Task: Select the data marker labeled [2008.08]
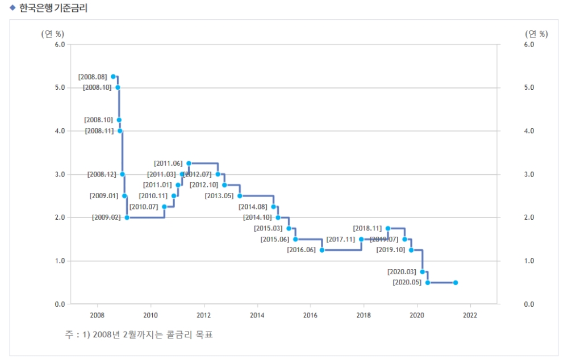click(x=113, y=76)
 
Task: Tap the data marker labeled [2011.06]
click(x=189, y=163)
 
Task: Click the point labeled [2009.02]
click(x=127, y=217)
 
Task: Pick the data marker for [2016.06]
click(x=321, y=250)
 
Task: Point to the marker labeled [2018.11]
click(x=388, y=228)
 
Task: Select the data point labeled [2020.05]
click(x=427, y=282)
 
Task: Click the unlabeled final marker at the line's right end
click(x=456, y=282)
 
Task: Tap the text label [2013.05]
click(x=219, y=196)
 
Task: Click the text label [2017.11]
click(x=341, y=239)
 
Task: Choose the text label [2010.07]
click(x=144, y=207)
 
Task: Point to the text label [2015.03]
click(x=268, y=228)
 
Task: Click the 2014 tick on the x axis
click(x=257, y=315)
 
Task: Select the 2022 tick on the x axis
click(x=470, y=315)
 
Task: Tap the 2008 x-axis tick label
click(x=97, y=315)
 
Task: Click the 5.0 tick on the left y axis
click(x=59, y=87)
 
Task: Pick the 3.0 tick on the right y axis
click(x=528, y=174)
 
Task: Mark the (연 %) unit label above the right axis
click(x=536, y=34)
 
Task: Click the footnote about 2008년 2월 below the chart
click(x=139, y=334)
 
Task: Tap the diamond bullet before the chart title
click(x=12, y=8)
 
